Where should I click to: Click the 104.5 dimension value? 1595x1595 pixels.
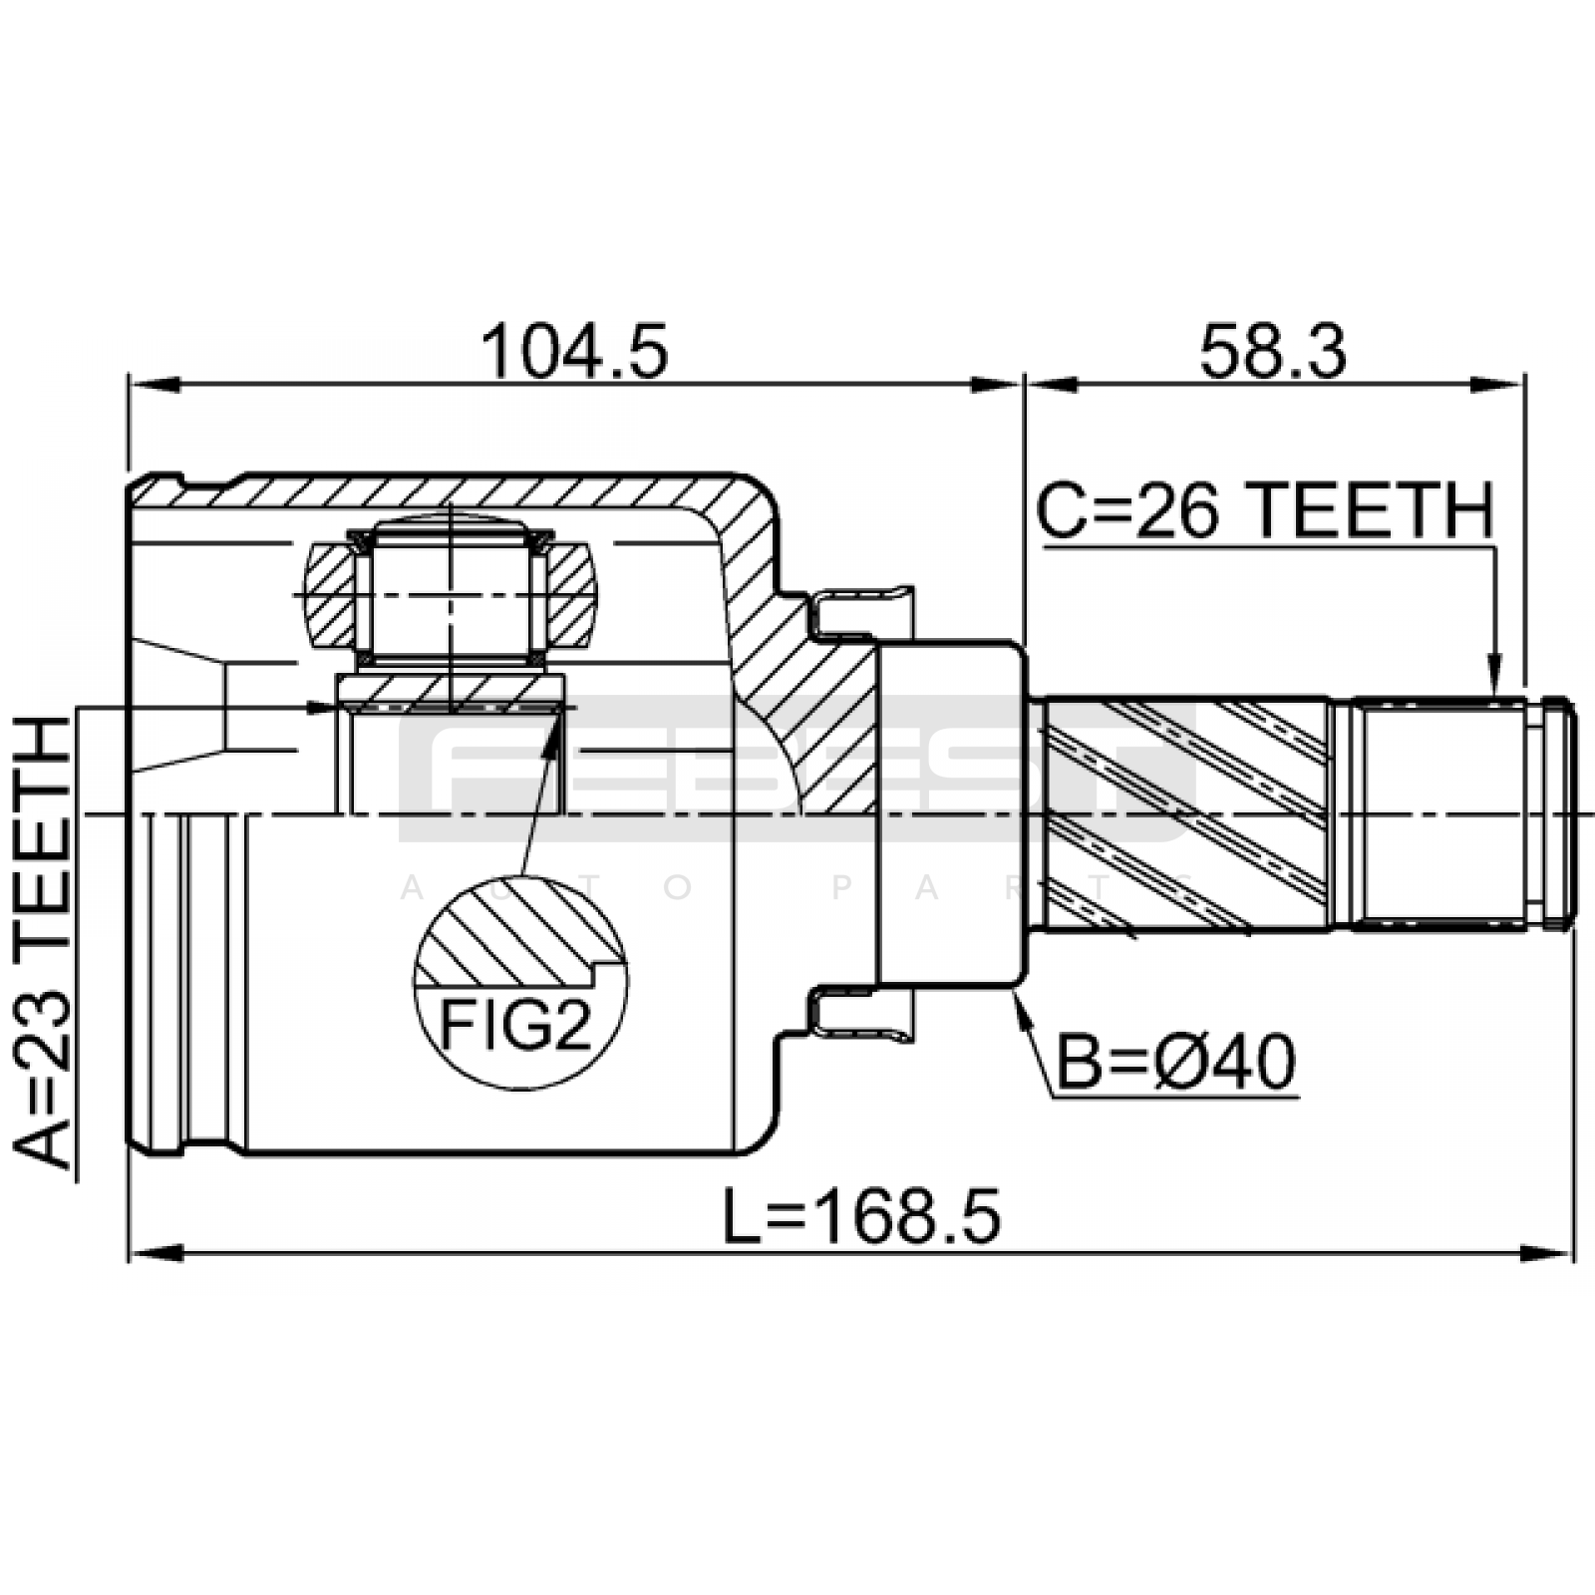574,352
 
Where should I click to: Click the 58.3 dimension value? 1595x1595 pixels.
1273,352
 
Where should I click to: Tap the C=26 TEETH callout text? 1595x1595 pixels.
1266,510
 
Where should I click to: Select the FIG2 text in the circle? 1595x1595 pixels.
516,1026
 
